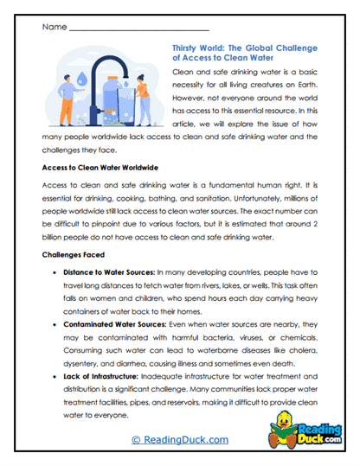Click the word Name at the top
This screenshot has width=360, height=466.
[54, 27]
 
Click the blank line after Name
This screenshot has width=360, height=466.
[138, 29]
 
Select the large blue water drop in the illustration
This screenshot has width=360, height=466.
[81, 75]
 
